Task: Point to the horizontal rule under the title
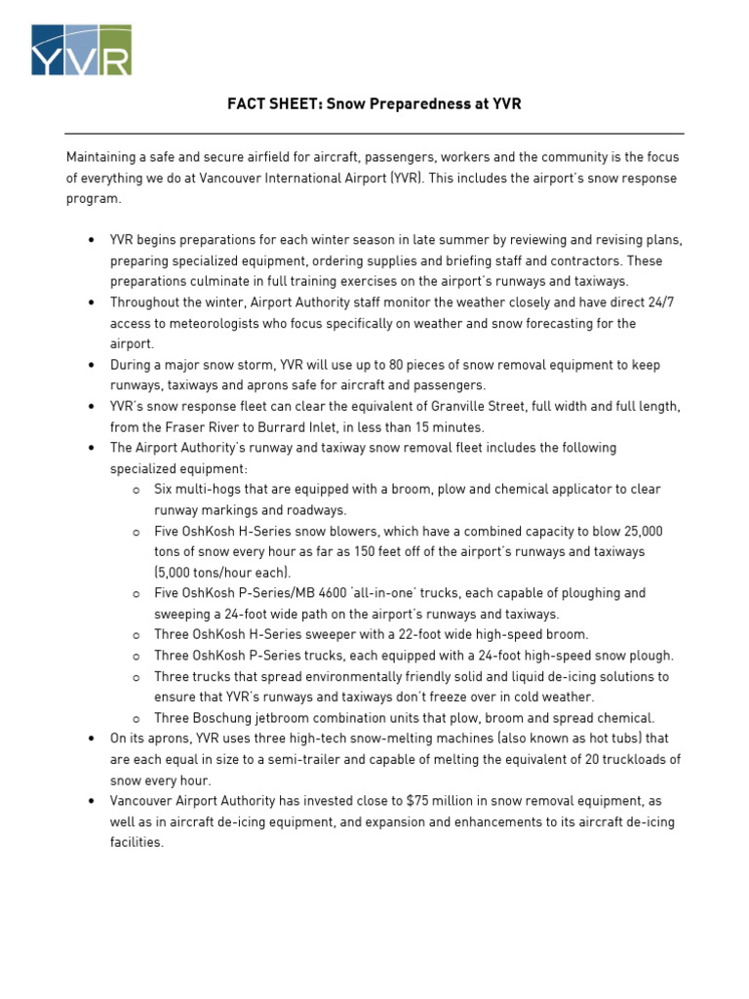pos(374,134)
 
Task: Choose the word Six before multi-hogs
pos(166,489)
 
